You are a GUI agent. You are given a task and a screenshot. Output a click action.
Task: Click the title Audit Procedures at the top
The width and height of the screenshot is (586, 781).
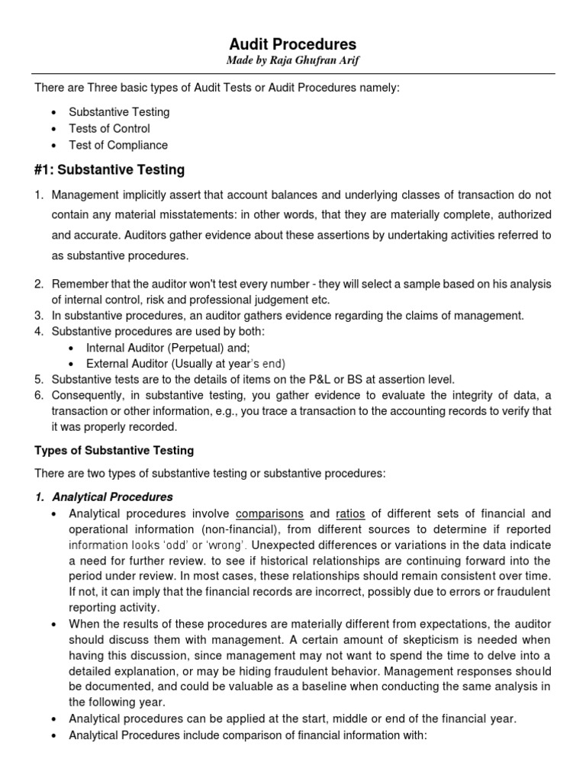point(294,44)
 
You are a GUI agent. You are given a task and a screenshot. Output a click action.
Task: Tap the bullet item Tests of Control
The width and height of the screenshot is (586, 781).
point(109,129)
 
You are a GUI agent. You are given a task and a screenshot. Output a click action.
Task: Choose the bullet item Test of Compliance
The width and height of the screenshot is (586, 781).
point(118,145)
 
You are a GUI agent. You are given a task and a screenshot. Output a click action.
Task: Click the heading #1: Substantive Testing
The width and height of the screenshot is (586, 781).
point(110,170)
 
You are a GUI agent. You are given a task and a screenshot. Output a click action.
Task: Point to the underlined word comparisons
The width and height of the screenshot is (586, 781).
point(269,513)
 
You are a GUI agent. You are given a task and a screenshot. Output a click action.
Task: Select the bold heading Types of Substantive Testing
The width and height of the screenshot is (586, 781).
point(114,451)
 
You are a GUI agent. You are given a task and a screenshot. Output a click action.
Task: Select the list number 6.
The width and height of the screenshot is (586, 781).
point(39,395)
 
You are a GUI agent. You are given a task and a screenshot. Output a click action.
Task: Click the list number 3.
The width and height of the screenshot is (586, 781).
point(39,316)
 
